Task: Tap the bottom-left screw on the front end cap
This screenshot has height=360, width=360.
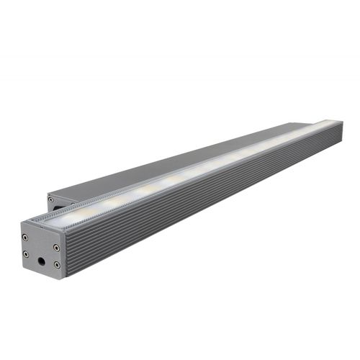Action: tap(26, 254)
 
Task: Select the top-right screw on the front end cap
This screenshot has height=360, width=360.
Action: tap(56, 247)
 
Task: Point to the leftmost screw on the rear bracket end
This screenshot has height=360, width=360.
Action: tap(50, 195)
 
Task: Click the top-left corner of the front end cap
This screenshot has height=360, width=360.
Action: tap(21, 220)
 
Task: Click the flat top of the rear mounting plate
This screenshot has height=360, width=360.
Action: tap(180, 155)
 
